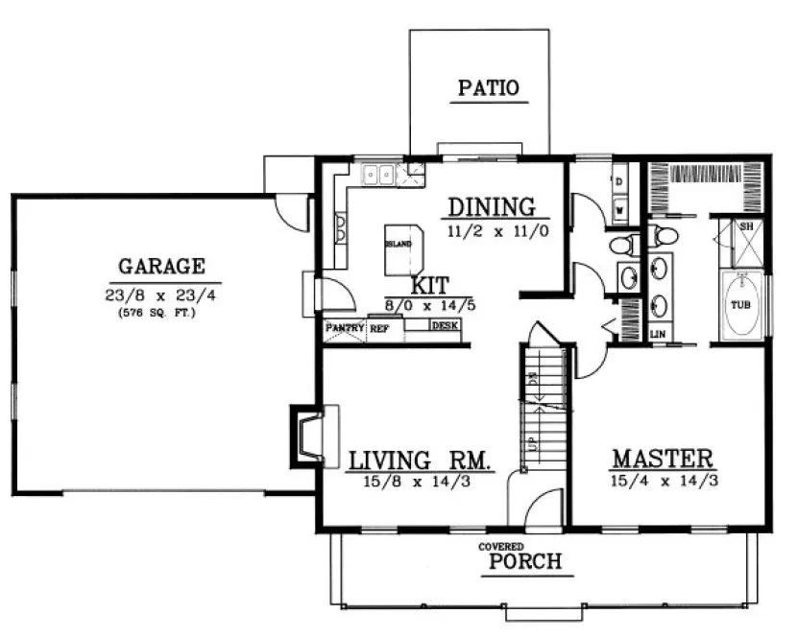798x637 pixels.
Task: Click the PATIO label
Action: coord(488,88)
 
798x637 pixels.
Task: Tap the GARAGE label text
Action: coord(161,266)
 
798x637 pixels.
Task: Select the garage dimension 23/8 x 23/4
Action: coord(161,294)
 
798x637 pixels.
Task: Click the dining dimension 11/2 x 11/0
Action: coord(496,231)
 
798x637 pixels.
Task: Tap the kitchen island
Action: coord(403,249)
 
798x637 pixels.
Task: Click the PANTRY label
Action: coord(343,327)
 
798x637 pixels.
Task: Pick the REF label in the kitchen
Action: coord(379,327)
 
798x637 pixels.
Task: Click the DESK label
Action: coord(444,326)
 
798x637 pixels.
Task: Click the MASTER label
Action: coord(664,458)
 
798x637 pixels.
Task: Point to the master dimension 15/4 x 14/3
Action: coord(664,482)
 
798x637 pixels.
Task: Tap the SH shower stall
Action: coord(746,236)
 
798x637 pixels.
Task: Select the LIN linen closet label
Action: coord(658,333)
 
